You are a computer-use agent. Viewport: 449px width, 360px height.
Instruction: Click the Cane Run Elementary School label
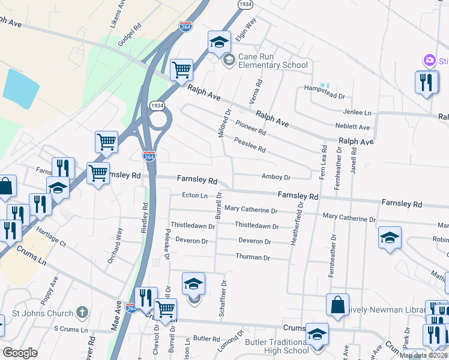273,61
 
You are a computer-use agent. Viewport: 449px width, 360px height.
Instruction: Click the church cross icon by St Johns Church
82,313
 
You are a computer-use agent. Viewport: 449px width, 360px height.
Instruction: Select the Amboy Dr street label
276,177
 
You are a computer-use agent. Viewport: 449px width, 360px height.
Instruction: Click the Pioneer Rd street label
250,127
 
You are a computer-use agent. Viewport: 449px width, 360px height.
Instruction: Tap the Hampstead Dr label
325,96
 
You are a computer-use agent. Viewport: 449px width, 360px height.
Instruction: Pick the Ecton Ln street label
194,196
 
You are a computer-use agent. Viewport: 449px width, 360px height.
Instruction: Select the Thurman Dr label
253,257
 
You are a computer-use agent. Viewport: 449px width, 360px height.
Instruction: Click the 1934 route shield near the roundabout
157,105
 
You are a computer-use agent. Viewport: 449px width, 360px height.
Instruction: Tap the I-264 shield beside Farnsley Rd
149,157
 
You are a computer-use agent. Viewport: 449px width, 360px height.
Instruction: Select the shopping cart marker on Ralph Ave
181,70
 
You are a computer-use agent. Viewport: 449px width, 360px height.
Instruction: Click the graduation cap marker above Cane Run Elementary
220,42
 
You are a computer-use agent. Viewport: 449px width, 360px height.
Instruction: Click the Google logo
20,353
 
